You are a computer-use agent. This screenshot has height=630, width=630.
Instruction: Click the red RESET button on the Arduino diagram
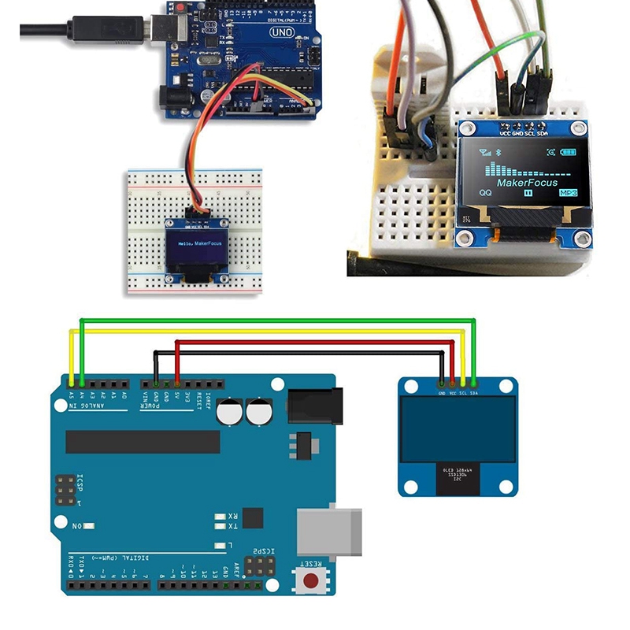pyautogui.click(x=313, y=581)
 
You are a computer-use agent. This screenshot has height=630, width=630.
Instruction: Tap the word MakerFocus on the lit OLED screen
pyautogui.click(x=527, y=182)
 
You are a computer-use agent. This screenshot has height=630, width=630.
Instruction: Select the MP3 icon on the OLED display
pyautogui.click(x=569, y=193)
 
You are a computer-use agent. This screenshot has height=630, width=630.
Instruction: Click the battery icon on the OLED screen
pyautogui.click(x=568, y=152)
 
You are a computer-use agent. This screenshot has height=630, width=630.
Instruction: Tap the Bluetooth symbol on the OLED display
pyautogui.click(x=498, y=152)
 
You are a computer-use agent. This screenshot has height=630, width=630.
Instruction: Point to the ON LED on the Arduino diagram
pyautogui.click(x=89, y=525)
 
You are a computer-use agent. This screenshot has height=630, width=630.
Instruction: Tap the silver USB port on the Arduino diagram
pyautogui.click(x=329, y=532)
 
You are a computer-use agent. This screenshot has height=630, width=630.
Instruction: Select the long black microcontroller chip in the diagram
pyautogui.click(x=143, y=442)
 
